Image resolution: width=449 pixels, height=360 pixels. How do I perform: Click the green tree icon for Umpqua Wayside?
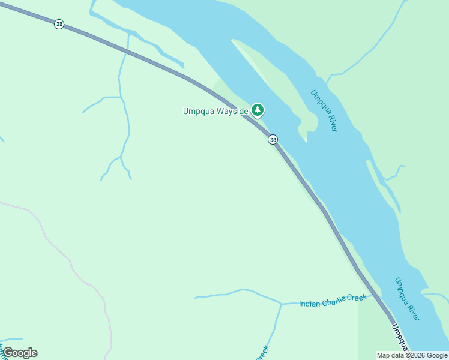pyautogui.click(x=258, y=110)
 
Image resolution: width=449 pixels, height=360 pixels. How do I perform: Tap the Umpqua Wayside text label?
pyautogui.click(x=215, y=111)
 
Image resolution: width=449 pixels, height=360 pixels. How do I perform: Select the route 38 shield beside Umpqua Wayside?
pyautogui.click(x=273, y=139)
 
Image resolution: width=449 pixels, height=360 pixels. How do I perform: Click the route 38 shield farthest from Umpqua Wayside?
pyautogui.click(x=59, y=24)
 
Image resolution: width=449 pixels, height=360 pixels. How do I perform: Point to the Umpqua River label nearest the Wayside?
pyautogui.click(x=324, y=110)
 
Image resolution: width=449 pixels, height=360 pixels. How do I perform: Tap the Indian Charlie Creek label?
pyautogui.click(x=333, y=301)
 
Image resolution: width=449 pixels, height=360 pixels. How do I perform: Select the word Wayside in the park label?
pyautogui.click(x=232, y=111)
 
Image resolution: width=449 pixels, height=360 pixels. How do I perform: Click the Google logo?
pyautogui.click(x=20, y=353)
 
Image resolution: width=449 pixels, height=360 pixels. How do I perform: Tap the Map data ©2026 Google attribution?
pyautogui.click(x=412, y=355)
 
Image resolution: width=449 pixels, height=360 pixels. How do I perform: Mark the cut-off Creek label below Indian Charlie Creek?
pyautogui.click(x=262, y=353)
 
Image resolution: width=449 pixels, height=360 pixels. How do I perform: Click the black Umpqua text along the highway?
pyautogui.click(x=400, y=337)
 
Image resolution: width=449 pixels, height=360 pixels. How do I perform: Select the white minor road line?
pyautogui.click(x=72, y=264)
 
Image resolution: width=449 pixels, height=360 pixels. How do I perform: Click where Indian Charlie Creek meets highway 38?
pyautogui.click(x=378, y=296)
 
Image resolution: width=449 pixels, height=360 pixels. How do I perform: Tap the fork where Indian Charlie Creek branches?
pyautogui.click(x=281, y=304)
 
